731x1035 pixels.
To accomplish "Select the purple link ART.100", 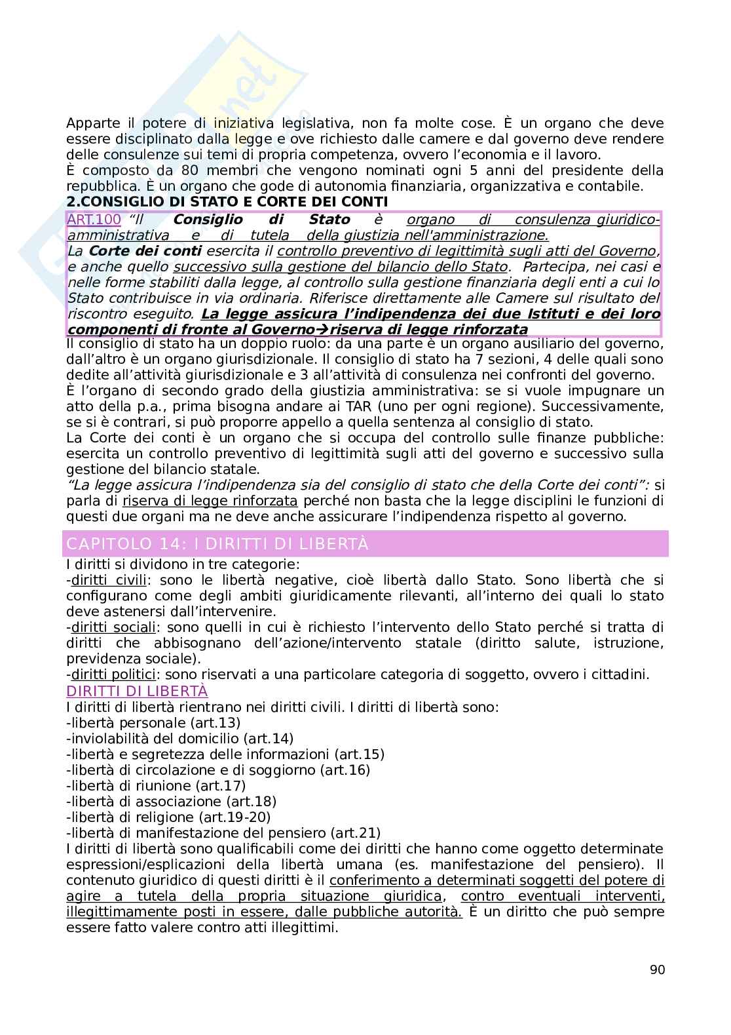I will [x=94, y=220].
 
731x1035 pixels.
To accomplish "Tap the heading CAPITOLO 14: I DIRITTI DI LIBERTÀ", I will [x=218, y=544].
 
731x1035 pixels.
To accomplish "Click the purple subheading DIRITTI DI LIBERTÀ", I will [x=137, y=691].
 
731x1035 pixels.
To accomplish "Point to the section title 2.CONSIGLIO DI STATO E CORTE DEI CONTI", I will [x=227, y=201].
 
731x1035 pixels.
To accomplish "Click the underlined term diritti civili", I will [x=109, y=580].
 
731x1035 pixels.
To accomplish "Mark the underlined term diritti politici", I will [x=113, y=674].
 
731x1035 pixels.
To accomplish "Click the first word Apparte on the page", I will [x=91, y=123].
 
